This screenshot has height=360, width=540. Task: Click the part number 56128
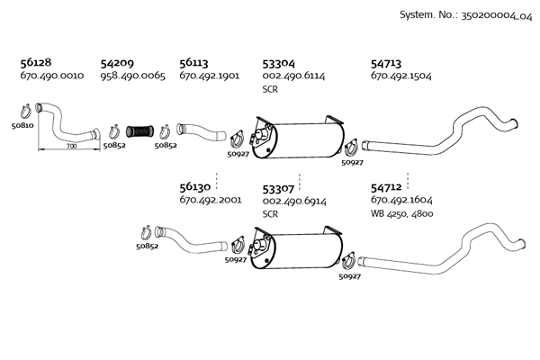[36, 62]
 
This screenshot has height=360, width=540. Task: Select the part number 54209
[117, 63]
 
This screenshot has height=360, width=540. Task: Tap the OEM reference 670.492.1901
[210, 76]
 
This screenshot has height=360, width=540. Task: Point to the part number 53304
[279, 64]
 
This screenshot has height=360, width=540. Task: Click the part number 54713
[386, 64]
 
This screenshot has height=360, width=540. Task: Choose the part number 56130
[195, 187]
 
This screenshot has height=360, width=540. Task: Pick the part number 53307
[278, 189]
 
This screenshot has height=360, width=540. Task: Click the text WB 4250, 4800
[402, 214]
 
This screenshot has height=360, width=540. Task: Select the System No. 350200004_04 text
[466, 15]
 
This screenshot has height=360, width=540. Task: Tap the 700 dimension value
[71, 147]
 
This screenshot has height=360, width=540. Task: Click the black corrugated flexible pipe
[139, 131]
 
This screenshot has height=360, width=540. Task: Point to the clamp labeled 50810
[26, 111]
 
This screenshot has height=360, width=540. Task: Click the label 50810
[22, 126]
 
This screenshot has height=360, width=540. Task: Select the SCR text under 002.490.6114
[270, 90]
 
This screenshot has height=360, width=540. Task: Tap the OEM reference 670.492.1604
[401, 200]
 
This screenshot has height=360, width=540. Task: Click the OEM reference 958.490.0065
[133, 76]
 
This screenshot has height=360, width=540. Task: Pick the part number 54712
[386, 188]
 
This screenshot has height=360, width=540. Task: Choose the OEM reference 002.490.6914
[294, 202]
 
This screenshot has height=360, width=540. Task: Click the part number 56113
[193, 63]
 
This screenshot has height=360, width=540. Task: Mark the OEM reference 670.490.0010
[52, 76]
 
